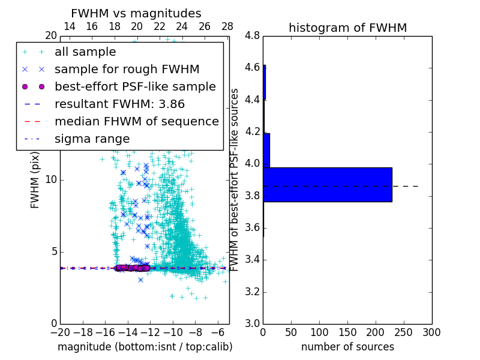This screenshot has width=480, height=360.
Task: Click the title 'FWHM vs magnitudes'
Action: click(136, 13)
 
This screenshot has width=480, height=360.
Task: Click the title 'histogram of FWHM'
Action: click(347, 28)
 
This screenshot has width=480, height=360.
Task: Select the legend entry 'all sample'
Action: click(85, 52)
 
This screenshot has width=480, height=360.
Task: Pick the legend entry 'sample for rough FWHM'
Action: click(127, 69)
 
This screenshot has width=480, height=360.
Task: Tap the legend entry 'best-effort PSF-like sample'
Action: click(135, 86)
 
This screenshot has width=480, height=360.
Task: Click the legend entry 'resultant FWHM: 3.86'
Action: click(120, 104)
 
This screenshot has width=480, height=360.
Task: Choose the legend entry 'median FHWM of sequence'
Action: click(136, 121)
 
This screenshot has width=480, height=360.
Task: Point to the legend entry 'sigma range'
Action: click(92, 139)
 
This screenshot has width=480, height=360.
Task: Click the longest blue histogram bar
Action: click(328, 185)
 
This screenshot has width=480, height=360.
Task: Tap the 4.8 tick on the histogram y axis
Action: click(253, 36)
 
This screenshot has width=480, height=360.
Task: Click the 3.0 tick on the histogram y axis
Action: click(253, 324)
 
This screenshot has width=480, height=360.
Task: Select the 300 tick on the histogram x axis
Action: click(431, 332)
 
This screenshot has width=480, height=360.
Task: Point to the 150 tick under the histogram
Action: click(347, 332)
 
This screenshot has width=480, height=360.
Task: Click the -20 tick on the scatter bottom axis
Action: click(60, 332)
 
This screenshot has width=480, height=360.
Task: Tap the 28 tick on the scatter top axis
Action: click(227, 26)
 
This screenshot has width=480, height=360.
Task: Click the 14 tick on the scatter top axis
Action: click(69, 26)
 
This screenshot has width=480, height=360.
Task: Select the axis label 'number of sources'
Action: click(347, 347)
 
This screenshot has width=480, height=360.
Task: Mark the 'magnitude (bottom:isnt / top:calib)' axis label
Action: click(145, 347)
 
